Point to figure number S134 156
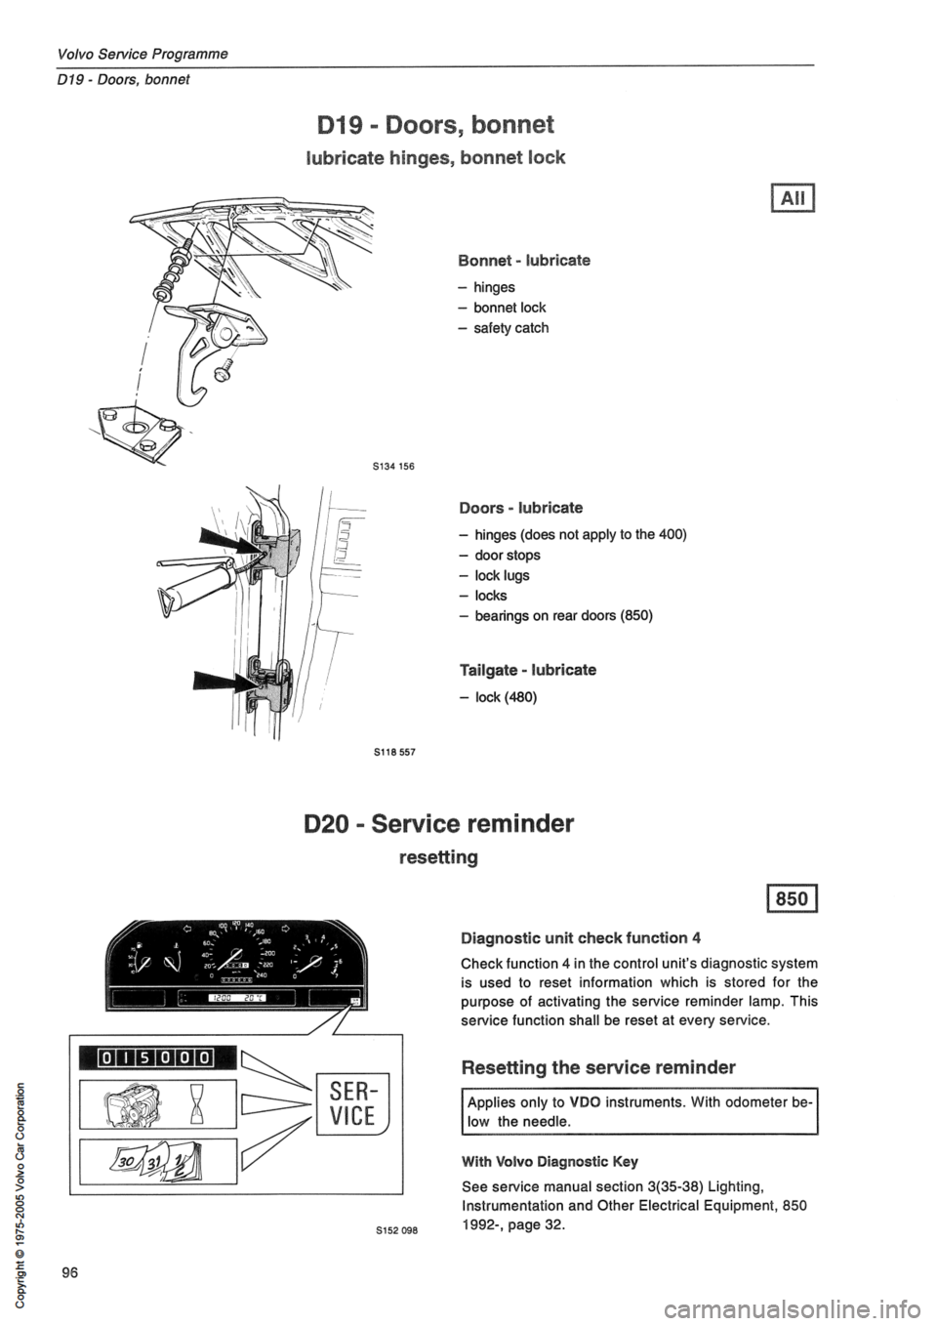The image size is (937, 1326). [396, 466]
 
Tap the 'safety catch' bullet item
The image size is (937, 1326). [510, 327]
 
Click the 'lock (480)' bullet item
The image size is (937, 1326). [504, 697]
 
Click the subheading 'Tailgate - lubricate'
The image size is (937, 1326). [528, 670]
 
